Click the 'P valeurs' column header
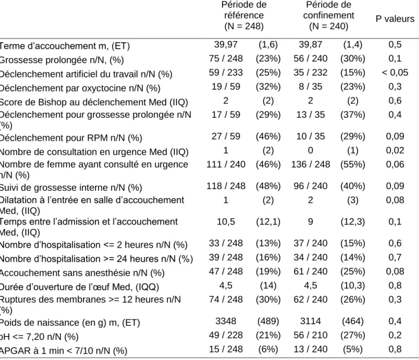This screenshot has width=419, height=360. coord(395,19)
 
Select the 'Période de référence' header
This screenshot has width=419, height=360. coord(244,15)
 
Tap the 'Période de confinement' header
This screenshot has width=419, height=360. coord(328,15)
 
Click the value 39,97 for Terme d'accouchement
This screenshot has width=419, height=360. coord(225,44)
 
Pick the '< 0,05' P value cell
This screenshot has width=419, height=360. coord(395,72)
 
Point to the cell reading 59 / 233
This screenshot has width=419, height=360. coord(225,72)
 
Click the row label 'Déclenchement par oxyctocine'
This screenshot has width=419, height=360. coord(80,88)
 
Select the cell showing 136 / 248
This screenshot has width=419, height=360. coord(310,164)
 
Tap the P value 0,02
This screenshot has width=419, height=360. coord(395,150)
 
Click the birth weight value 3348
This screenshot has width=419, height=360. coord(225,321)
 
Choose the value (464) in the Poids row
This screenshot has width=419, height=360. coord(352,321)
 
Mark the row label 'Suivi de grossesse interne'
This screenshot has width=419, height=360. coord(71,187)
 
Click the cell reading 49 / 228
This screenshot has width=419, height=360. coord(225,335)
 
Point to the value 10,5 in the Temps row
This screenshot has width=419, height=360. coord(225,222)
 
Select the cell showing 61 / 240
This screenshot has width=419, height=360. coord(310,272)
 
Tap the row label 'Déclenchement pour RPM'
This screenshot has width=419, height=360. coord(71,138)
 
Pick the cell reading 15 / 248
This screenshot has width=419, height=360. coord(225,349)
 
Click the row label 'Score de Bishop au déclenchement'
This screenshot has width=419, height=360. coord(93,103)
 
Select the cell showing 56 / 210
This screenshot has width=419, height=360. coord(310,335)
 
